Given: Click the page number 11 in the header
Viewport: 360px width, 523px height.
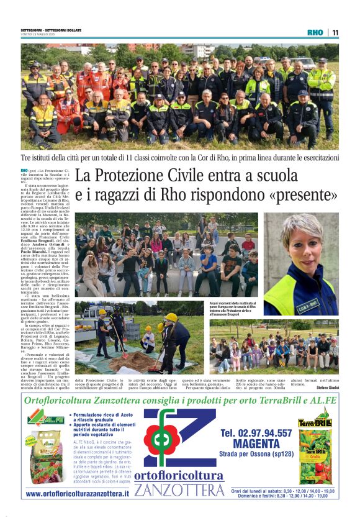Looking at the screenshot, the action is tap(335, 32).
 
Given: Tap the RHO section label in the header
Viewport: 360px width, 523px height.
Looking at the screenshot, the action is tap(315, 32).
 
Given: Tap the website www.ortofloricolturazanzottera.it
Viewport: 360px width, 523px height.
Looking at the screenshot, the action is tap(78, 493).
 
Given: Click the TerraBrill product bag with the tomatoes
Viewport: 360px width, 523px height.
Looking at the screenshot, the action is tap(315, 457).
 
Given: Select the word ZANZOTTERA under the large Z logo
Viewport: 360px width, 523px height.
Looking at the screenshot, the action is tap(179, 491).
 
